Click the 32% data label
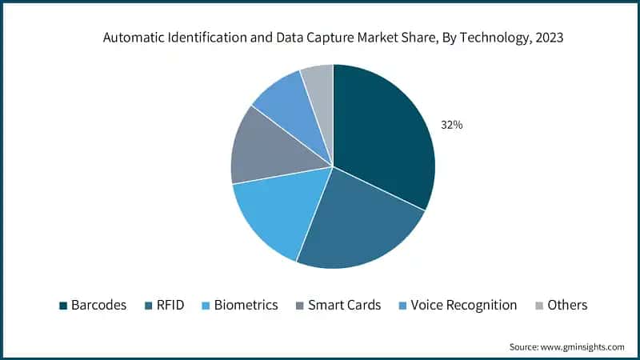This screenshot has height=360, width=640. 451,125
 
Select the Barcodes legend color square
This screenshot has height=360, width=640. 62,306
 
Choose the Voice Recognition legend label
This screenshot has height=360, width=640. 463,305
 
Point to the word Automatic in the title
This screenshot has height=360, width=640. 133,38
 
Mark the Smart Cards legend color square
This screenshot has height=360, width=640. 300,306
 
